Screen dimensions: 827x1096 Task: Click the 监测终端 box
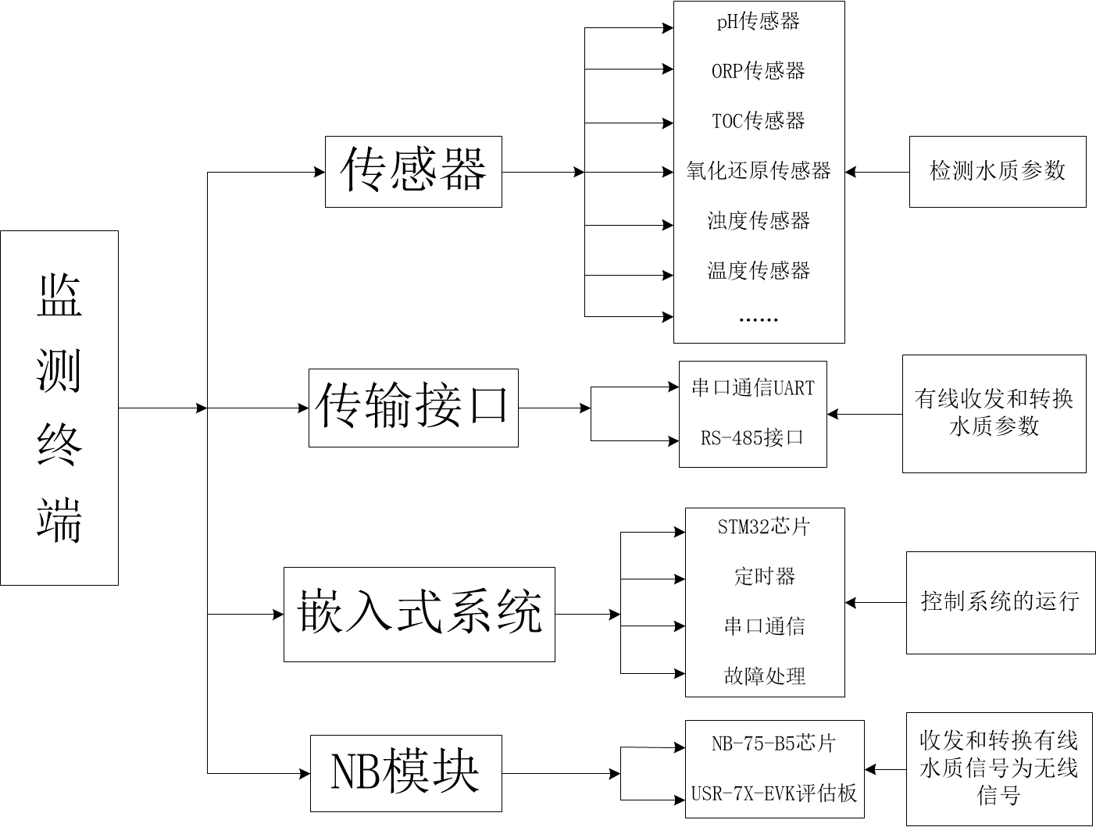pyautogui.click(x=59, y=408)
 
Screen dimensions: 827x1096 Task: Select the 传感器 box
pyautogui.click(x=413, y=172)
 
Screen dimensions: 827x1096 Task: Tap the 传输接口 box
pyautogui.click(x=413, y=408)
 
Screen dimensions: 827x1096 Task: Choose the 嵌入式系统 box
pyautogui.click(x=419, y=614)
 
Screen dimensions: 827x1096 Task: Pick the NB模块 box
pyautogui.click(x=405, y=773)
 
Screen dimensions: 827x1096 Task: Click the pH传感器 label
pyautogui.click(x=759, y=22)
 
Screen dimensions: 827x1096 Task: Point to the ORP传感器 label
pyautogui.click(x=759, y=71)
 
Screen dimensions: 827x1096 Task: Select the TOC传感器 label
pyautogui.click(x=759, y=121)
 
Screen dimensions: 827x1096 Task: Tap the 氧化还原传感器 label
pyautogui.click(x=759, y=171)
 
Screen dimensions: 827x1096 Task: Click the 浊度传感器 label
pyautogui.click(x=759, y=221)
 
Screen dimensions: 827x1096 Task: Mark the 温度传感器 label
pyautogui.click(x=759, y=271)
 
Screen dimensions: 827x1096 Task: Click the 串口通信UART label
pyautogui.click(x=753, y=388)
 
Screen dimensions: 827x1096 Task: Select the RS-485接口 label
pyautogui.click(x=752, y=438)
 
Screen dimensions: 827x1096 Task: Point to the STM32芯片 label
pyautogui.click(x=764, y=527)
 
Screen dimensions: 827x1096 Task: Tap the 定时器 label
pyautogui.click(x=765, y=577)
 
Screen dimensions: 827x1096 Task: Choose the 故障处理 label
pyautogui.click(x=765, y=676)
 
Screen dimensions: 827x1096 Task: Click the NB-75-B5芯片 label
pyautogui.click(x=773, y=743)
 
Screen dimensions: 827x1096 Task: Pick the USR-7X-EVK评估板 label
pyautogui.click(x=774, y=794)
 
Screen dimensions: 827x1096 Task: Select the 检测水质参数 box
pyautogui.click(x=998, y=172)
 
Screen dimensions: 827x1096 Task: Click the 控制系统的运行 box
pyautogui.click(x=1000, y=602)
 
